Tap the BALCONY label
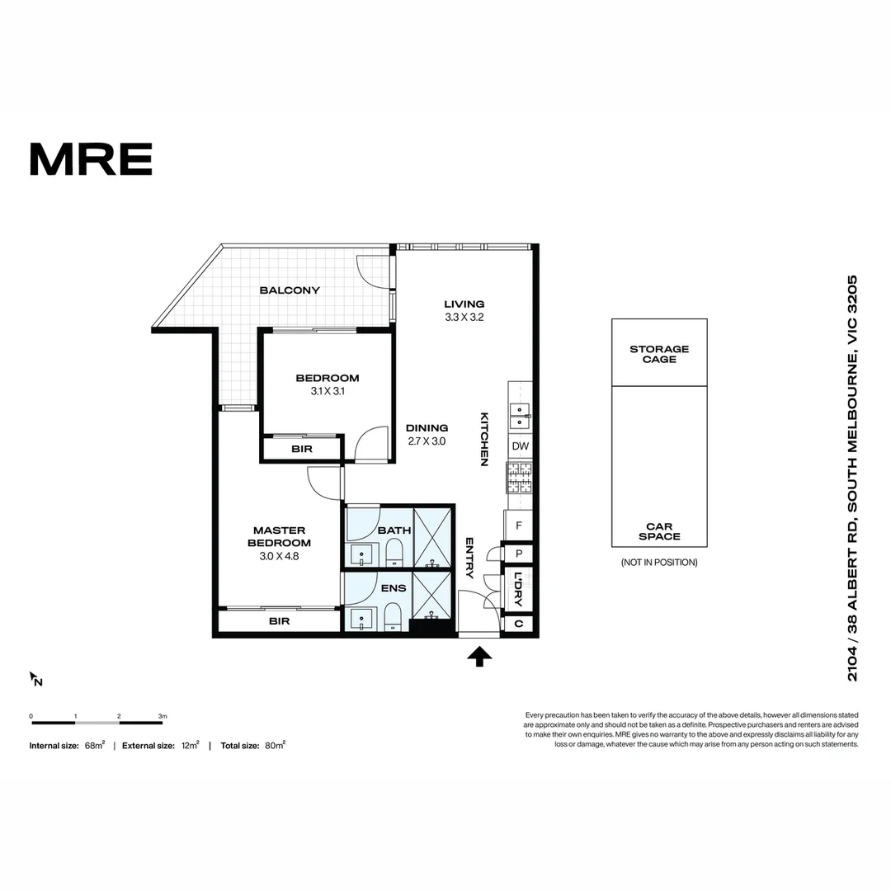[290, 290]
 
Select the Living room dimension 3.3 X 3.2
[464, 317]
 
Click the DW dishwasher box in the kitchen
[520, 446]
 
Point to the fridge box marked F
[518, 526]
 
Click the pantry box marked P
[518, 554]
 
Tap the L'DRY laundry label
[518, 589]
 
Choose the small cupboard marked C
[518, 624]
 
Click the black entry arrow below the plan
[479, 657]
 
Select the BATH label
[394, 530]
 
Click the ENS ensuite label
[394, 588]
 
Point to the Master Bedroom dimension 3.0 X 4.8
[279, 556]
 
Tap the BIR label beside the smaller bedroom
[302, 449]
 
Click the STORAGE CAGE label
[659, 354]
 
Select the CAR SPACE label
[659, 531]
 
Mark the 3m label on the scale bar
[163, 716]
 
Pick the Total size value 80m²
[275, 745]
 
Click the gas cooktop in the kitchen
[520, 478]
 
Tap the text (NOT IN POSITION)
[659, 563]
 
